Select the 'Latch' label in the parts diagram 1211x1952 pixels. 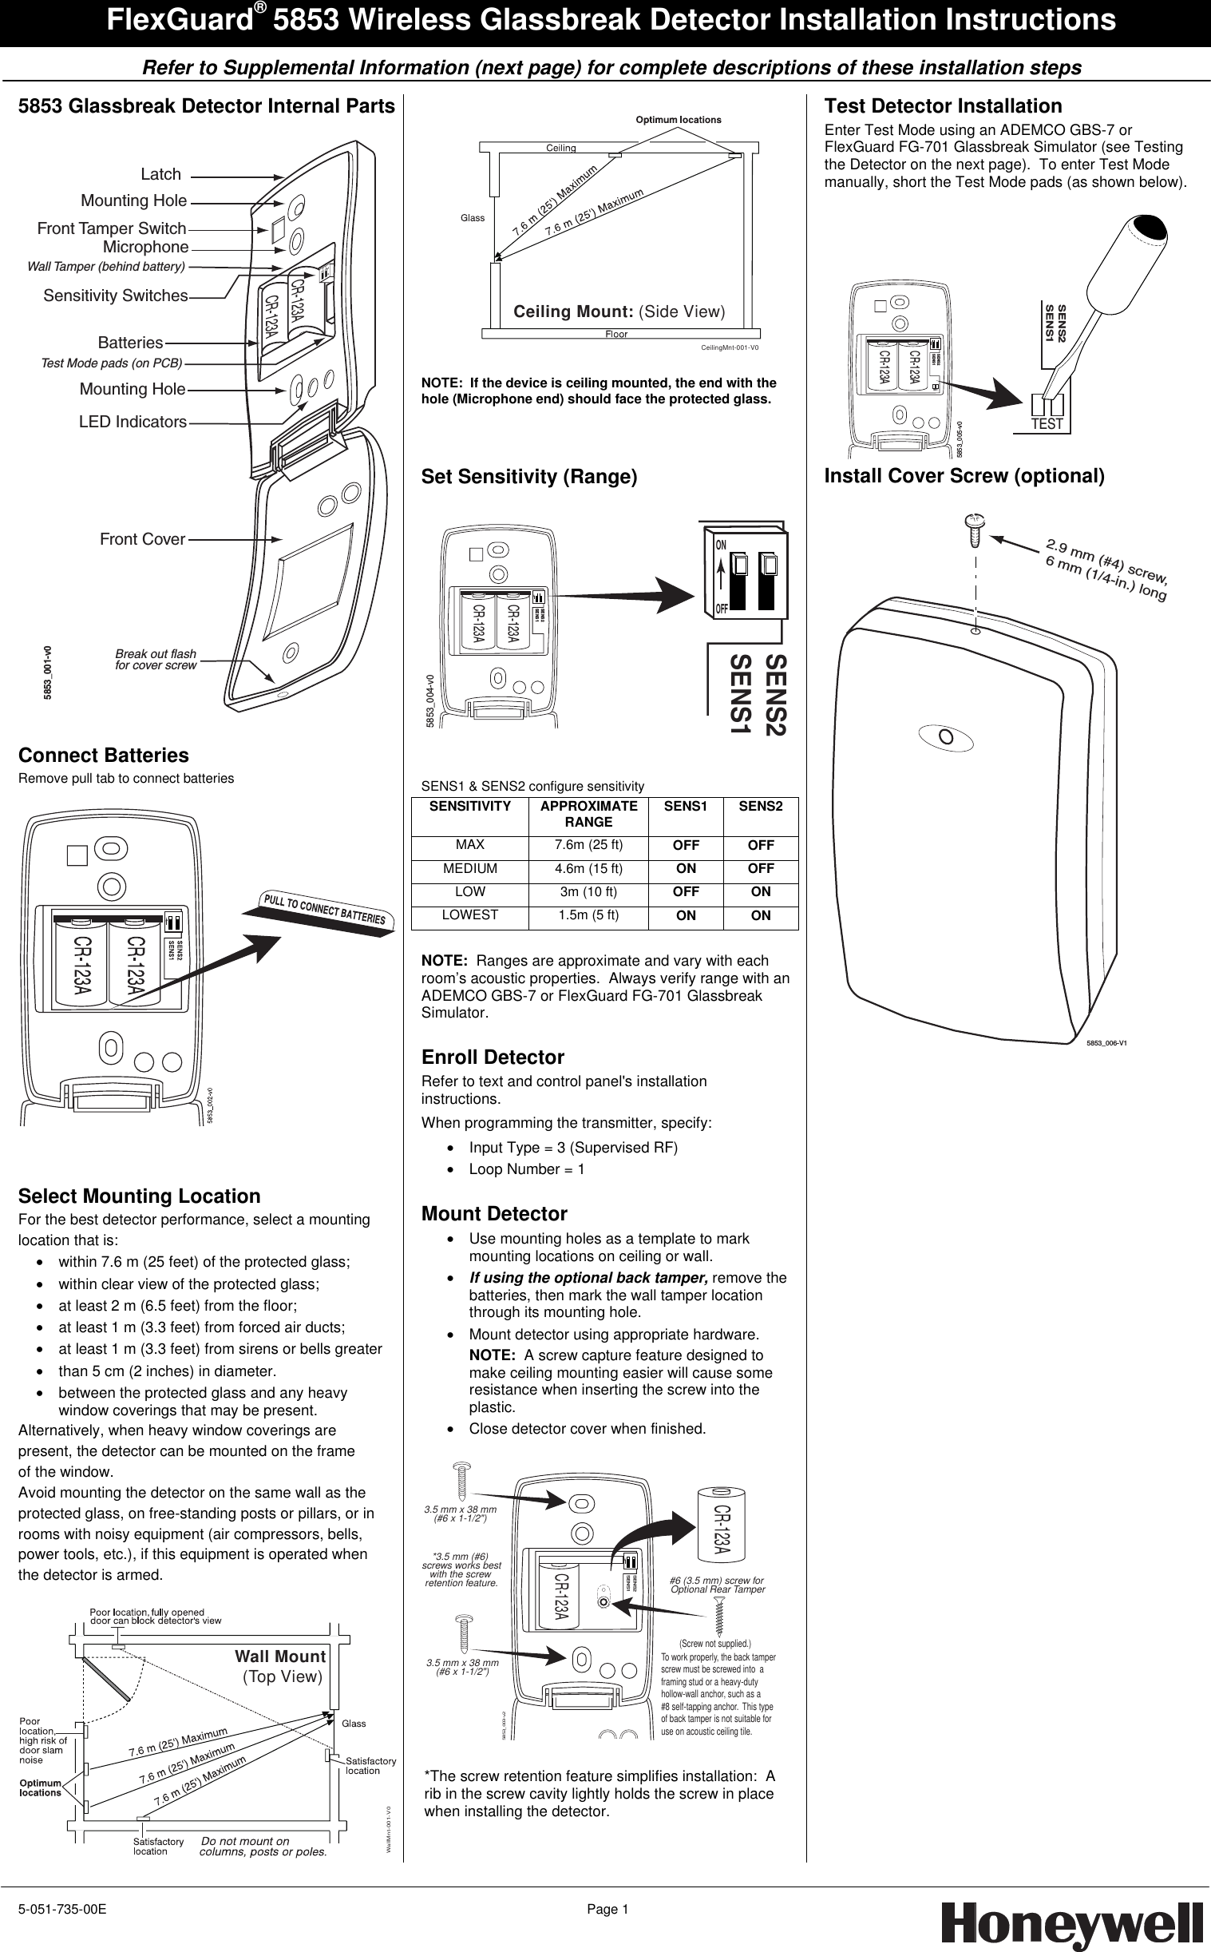tap(161, 174)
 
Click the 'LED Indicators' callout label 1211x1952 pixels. tap(133, 422)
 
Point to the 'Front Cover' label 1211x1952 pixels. tap(143, 539)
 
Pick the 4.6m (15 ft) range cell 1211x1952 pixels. tap(588, 869)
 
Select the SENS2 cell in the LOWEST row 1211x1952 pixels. tap(760, 915)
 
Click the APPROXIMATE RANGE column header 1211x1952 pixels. tap(588, 813)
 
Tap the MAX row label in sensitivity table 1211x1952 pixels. tap(470, 844)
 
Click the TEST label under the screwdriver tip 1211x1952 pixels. tap(1047, 424)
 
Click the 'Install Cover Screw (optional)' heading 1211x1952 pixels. tap(964, 476)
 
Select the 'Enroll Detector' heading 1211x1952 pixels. tap(493, 1057)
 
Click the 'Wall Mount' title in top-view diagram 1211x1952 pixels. tap(279, 1656)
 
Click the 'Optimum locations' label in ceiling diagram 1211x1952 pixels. tap(678, 119)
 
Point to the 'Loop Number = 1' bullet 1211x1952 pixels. tap(526, 1169)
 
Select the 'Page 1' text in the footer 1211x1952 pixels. tap(607, 1910)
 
